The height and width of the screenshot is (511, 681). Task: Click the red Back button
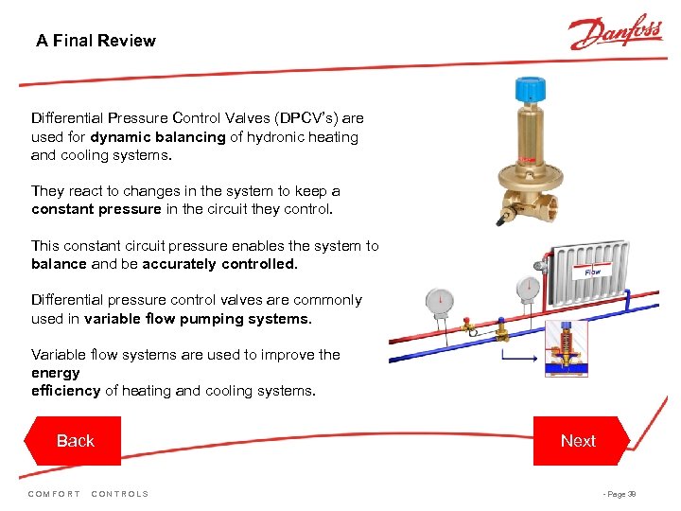[75, 441]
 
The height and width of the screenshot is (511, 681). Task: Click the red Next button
[578, 441]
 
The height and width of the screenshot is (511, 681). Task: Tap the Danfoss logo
[615, 33]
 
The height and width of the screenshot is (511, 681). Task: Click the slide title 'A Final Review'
[96, 41]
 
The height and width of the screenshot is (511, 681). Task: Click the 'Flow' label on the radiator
[592, 272]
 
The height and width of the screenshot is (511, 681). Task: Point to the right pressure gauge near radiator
[528, 287]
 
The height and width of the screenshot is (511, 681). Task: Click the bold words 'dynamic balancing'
[158, 137]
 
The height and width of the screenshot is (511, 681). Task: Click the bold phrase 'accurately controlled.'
[219, 264]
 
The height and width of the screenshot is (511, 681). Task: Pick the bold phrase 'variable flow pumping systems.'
[198, 319]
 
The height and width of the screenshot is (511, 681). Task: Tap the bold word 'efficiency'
[65, 391]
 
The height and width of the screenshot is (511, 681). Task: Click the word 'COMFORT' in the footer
[54, 494]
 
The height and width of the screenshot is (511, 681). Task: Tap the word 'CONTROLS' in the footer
[120, 494]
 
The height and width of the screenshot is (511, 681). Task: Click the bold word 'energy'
[56, 373]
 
